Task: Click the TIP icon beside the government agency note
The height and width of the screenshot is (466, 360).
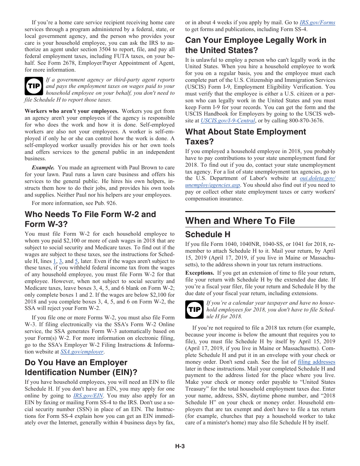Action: tap(34, 86)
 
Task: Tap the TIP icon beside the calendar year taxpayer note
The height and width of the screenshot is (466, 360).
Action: tap(194, 310)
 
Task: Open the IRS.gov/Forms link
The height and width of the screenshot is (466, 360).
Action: tap(317, 23)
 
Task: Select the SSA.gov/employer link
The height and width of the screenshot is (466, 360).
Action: tap(82, 352)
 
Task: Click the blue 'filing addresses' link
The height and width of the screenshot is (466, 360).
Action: tap(316, 362)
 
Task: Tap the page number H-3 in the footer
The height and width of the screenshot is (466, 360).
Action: tap(180, 446)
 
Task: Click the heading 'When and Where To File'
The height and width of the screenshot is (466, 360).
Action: tap(240, 220)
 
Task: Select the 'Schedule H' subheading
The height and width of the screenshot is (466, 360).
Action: tap(208, 234)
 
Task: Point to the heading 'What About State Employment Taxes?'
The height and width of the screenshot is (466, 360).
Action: tap(245, 136)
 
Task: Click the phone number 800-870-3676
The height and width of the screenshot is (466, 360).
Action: tap(306, 121)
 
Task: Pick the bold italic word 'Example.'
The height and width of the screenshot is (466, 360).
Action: tap(43, 167)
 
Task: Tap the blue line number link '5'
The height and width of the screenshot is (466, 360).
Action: tap(76, 261)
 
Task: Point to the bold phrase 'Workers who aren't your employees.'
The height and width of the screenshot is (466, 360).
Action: tap(72, 111)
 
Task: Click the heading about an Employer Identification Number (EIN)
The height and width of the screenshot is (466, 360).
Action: tap(81, 367)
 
